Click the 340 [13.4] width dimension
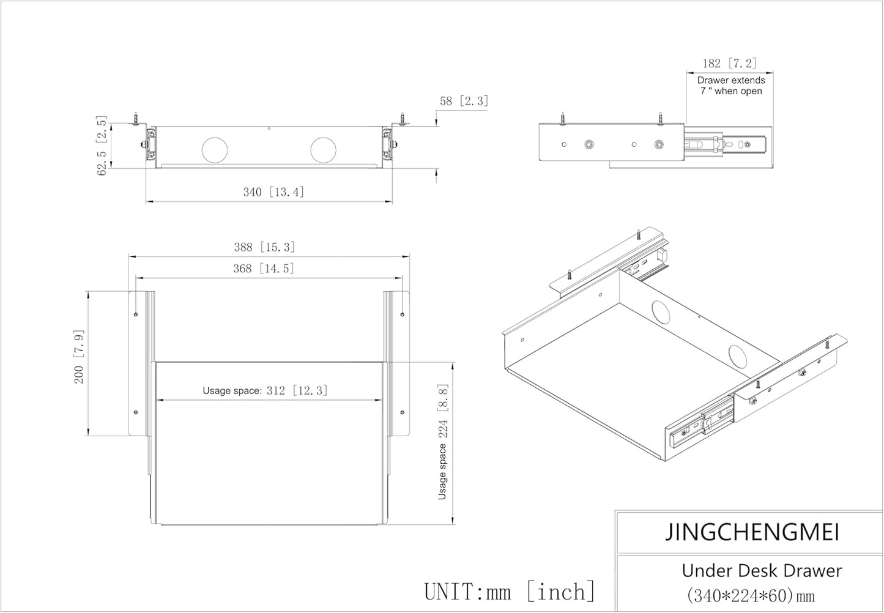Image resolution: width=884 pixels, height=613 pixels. click(x=273, y=192)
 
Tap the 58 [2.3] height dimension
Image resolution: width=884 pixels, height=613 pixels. click(x=464, y=101)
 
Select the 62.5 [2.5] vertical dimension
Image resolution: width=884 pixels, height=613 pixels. click(x=102, y=145)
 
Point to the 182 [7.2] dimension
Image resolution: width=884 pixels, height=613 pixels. click(x=730, y=63)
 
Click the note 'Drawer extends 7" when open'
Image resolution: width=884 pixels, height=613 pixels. click(x=731, y=86)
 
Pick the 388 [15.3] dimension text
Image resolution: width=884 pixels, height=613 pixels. click(x=264, y=247)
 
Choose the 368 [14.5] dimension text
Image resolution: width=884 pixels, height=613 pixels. click(x=264, y=269)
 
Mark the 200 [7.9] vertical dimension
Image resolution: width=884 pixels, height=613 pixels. click(x=79, y=357)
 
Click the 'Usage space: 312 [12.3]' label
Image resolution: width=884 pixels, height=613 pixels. click(x=266, y=390)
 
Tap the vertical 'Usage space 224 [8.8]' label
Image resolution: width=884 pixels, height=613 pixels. click(x=443, y=442)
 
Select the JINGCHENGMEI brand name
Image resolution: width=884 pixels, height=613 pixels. click(x=752, y=532)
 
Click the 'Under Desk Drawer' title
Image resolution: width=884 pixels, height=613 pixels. click(x=762, y=571)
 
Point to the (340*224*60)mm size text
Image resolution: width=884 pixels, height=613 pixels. click(x=751, y=596)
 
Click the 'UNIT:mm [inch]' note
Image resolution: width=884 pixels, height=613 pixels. click(x=510, y=592)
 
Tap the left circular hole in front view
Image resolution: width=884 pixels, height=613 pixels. click(x=215, y=150)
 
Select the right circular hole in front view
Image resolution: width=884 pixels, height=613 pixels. click(x=323, y=150)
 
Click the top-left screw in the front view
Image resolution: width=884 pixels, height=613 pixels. click(x=136, y=119)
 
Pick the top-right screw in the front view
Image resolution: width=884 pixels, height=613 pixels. click(x=403, y=119)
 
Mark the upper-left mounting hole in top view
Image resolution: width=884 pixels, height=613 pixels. click(x=136, y=314)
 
